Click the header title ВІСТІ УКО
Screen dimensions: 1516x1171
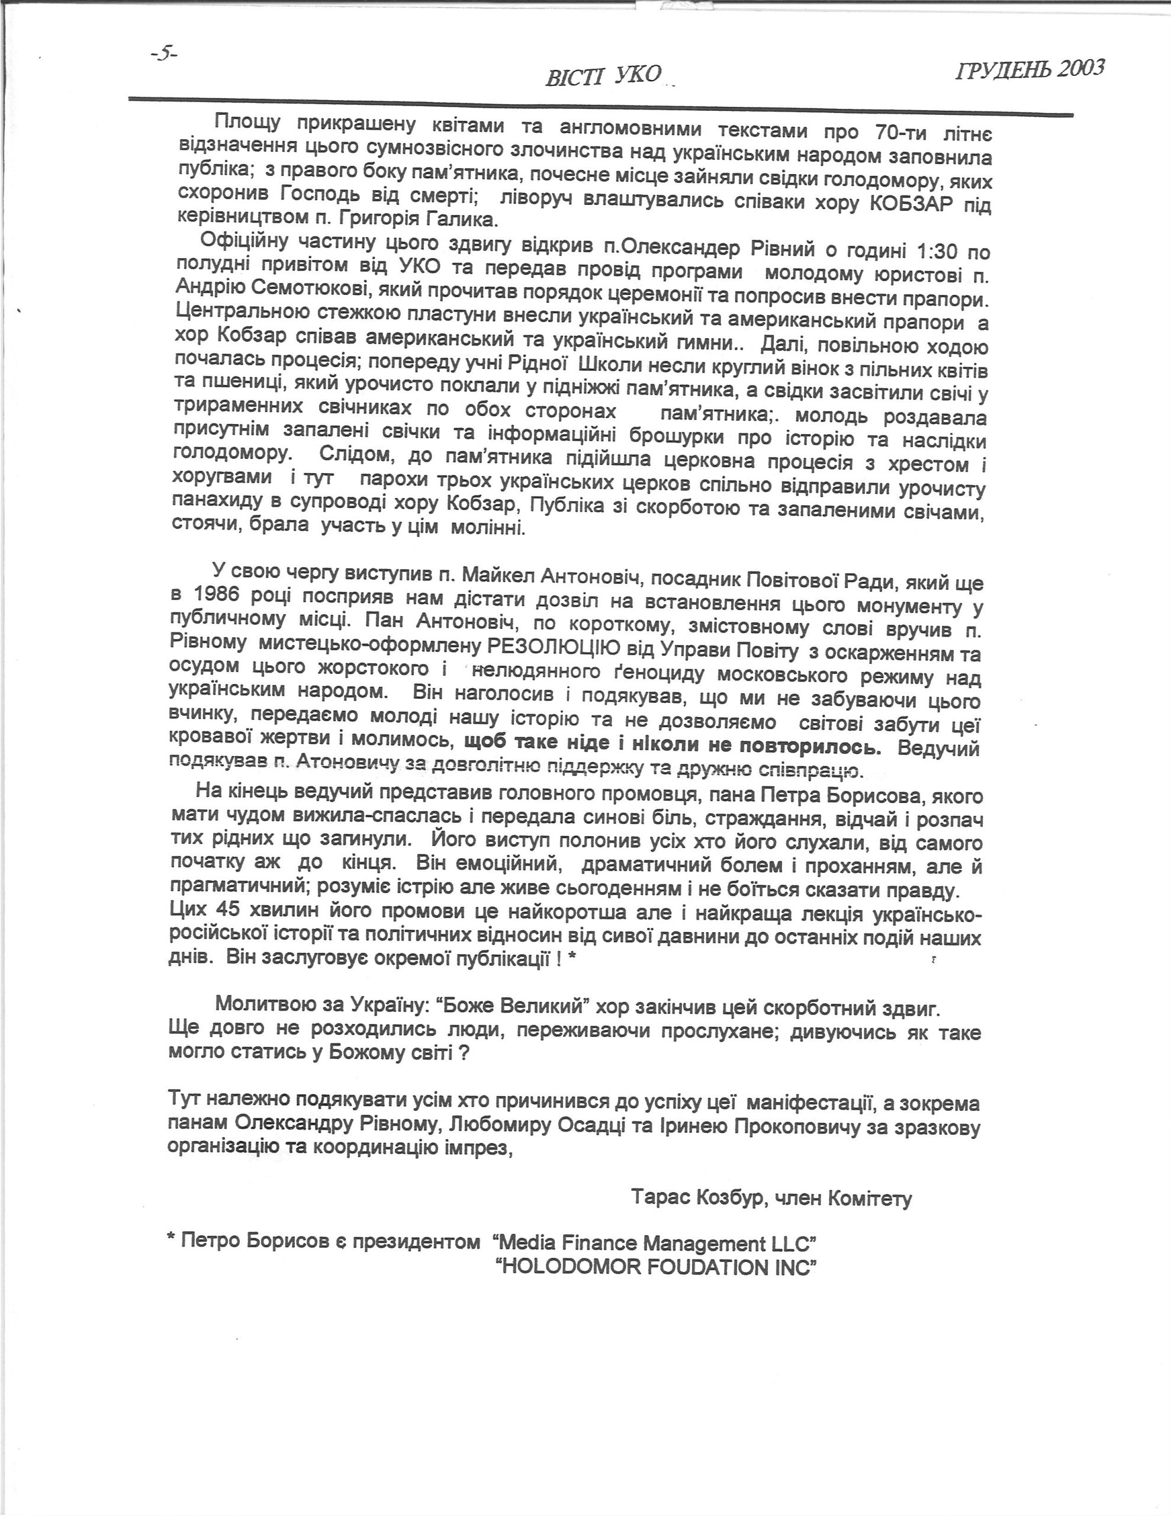pos(604,76)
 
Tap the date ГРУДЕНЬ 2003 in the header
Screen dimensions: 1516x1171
pos(1030,69)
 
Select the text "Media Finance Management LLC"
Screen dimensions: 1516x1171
pos(652,1242)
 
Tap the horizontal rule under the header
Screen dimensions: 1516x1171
pos(600,105)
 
